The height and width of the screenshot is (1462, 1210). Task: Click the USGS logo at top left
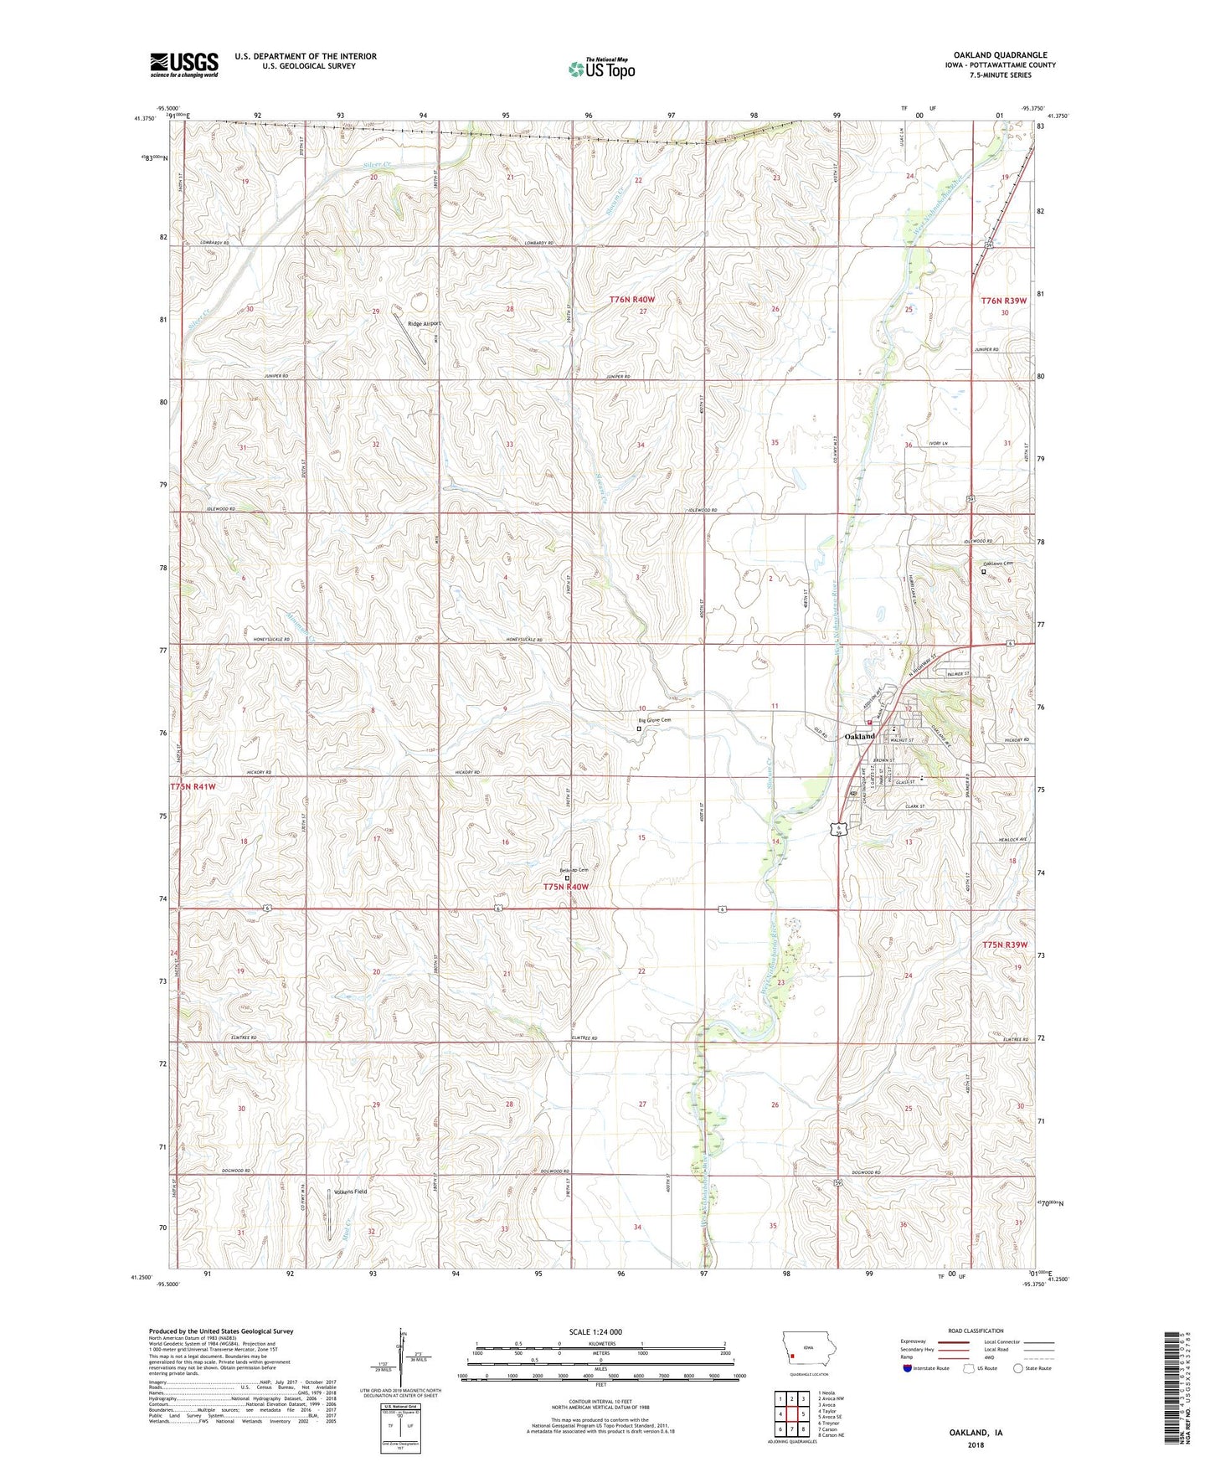point(184,64)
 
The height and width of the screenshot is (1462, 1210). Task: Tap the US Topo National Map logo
point(601,68)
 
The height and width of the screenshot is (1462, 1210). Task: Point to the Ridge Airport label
point(424,323)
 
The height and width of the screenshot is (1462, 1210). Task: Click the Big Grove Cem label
point(655,720)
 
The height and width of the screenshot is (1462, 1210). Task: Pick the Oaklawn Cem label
point(999,564)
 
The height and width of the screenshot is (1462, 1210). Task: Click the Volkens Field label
point(351,1191)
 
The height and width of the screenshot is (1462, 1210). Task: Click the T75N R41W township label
point(193,787)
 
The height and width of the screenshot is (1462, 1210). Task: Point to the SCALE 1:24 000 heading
point(595,1331)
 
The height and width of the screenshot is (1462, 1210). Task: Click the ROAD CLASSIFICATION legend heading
point(976,1331)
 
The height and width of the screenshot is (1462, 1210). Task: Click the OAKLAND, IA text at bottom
point(976,1433)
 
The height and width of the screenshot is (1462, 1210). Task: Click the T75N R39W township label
point(1004,945)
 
